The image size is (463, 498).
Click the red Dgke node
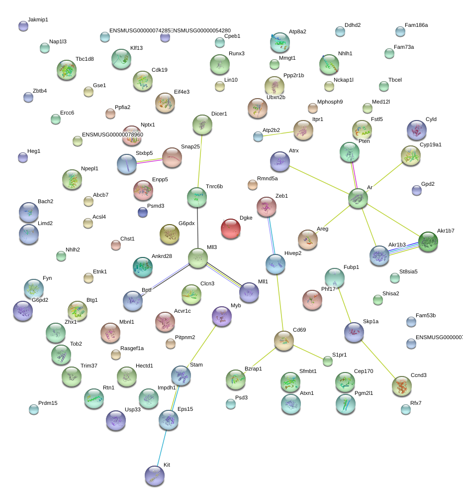click(x=230, y=229)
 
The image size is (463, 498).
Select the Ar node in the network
click(x=358, y=198)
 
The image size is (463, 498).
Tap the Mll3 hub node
click(x=198, y=257)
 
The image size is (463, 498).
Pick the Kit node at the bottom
click(x=154, y=476)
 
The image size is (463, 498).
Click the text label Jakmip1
click(x=38, y=19)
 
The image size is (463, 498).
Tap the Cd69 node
click(x=283, y=341)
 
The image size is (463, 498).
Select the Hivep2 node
click(x=275, y=264)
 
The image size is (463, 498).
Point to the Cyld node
click(x=416, y=130)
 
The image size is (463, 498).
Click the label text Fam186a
click(x=416, y=24)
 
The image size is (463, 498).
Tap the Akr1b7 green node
click(x=428, y=242)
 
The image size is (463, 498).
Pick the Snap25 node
click(x=172, y=157)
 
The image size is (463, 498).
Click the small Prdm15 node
click(x=33, y=409)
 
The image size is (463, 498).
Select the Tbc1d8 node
click(x=67, y=70)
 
